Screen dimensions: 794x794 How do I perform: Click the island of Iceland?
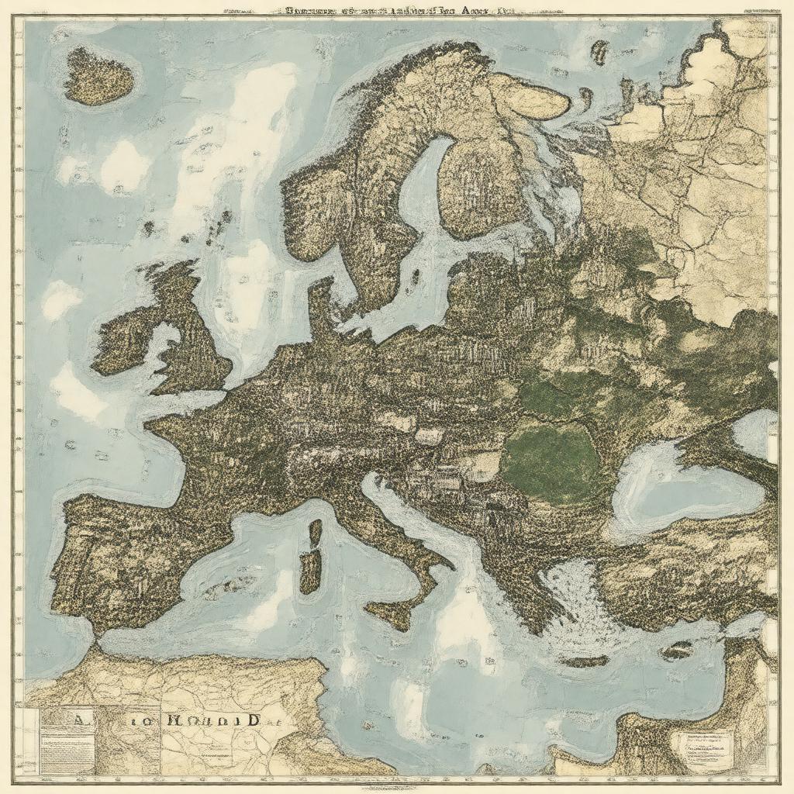(x=98, y=77)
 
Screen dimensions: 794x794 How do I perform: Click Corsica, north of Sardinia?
(x=315, y=533)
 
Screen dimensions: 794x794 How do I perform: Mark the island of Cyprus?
(x=676, y=650)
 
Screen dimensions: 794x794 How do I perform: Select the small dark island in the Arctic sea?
(x=599, y=52)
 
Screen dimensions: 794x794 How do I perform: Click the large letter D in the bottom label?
(x=251, y=719)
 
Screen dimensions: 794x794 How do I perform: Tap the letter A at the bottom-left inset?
(x=78, y=720)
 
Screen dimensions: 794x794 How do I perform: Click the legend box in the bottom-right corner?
(x=702, y=748)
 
